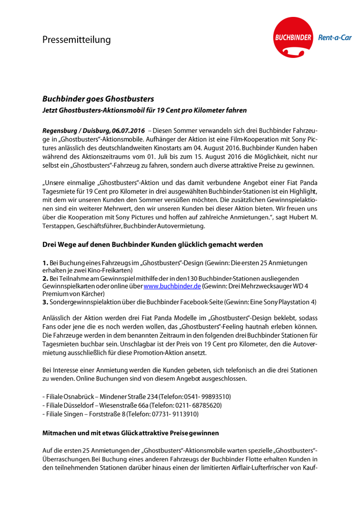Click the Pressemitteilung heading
click(76, 40)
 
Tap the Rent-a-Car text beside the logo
click(334, 38)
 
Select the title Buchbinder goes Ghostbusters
click(98, 99)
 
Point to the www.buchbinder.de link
click(172, 286)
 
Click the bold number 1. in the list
click(45, 263)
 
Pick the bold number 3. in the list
click(45, 302)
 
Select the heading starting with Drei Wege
click(152, 244)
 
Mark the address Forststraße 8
click(104, 414)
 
